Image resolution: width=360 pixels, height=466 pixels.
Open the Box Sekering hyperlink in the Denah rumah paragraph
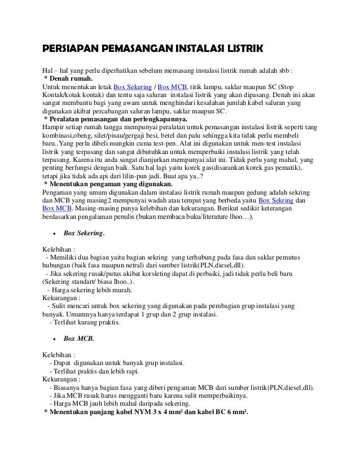point(134,86)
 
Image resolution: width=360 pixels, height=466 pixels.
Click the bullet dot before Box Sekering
point(52,233)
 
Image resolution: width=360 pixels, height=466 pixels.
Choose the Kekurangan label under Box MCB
point(60,379)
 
